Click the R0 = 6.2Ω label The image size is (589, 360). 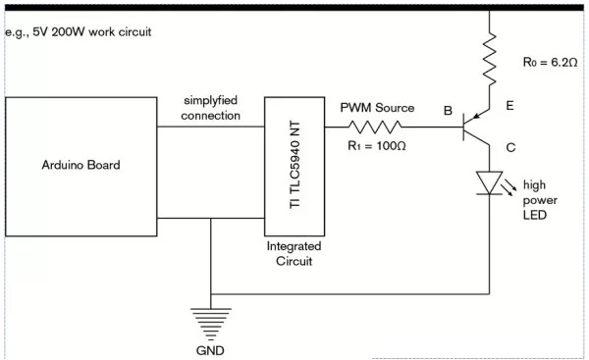tap(550, 63)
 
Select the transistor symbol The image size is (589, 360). tap(478, 127)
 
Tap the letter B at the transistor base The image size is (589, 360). tap(448, 111)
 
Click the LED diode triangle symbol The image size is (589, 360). tap(488, 182)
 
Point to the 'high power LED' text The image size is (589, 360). tap(540, 199)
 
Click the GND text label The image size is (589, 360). tap(210, 348)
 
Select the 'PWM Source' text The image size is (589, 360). tap(377, 107)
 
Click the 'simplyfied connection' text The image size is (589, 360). tap(210, 109)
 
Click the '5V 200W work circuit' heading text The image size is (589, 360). tap(78, 32)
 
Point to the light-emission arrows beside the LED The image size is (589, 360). tap(512, 181)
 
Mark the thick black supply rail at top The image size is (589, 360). tap(294, 7)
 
